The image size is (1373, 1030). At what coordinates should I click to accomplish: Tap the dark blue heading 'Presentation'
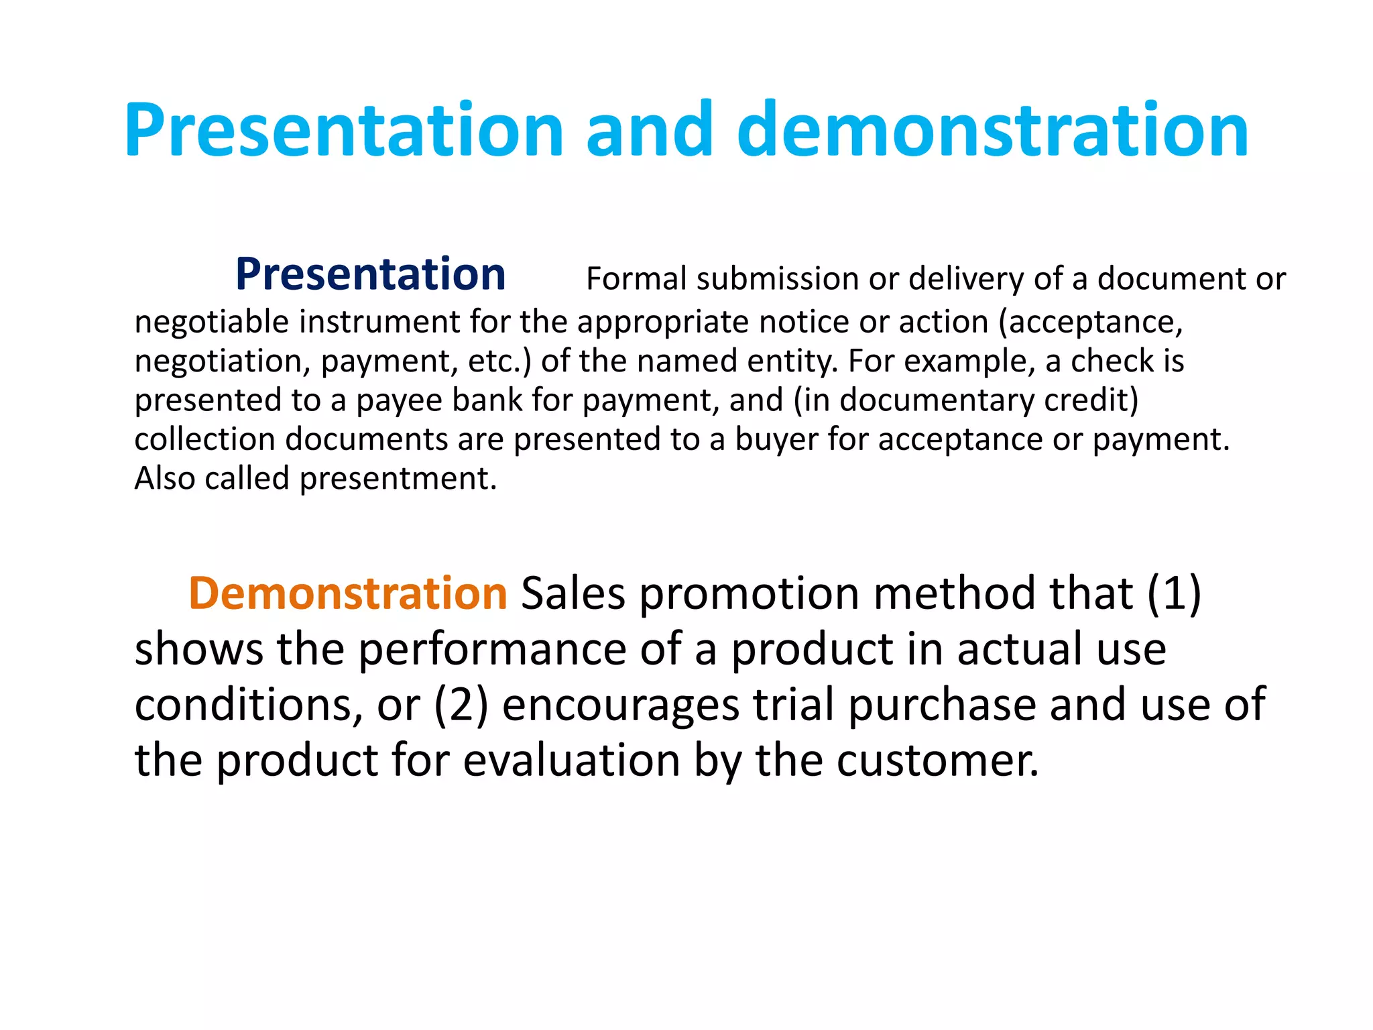[x=370, y=274]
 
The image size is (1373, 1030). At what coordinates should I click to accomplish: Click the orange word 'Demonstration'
[x=348, y=593]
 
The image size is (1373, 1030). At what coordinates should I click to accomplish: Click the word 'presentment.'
[x=398, y=479]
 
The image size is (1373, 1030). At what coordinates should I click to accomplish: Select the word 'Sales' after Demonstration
[x=573, y=593]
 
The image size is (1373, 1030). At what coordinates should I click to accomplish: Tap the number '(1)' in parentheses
[x=1174, y=593]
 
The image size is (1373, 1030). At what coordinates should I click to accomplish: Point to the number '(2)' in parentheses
[x=461, y=705]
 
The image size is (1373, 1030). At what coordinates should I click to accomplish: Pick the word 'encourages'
[x=621, y=706]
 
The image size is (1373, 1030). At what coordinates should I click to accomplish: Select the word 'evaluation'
[x=571, y=760]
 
